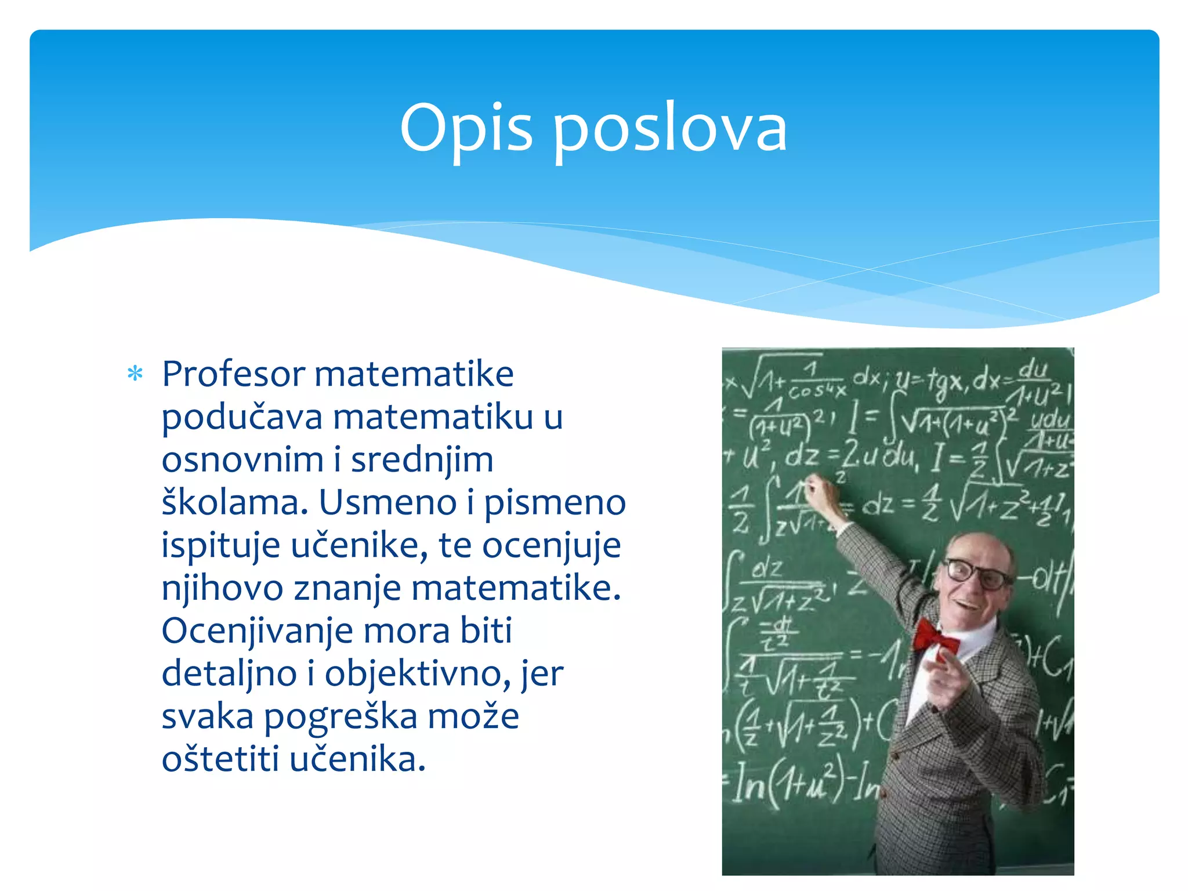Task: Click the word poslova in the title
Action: [x=670, y=129]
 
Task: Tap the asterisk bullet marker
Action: [x=135, y=374]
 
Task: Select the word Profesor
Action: [x=233, y=374]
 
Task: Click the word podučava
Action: [x=242, y=418]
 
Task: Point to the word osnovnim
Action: [x=242, y=460]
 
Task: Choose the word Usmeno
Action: [x=387, y=502]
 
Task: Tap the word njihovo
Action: [x=222, y=589]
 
